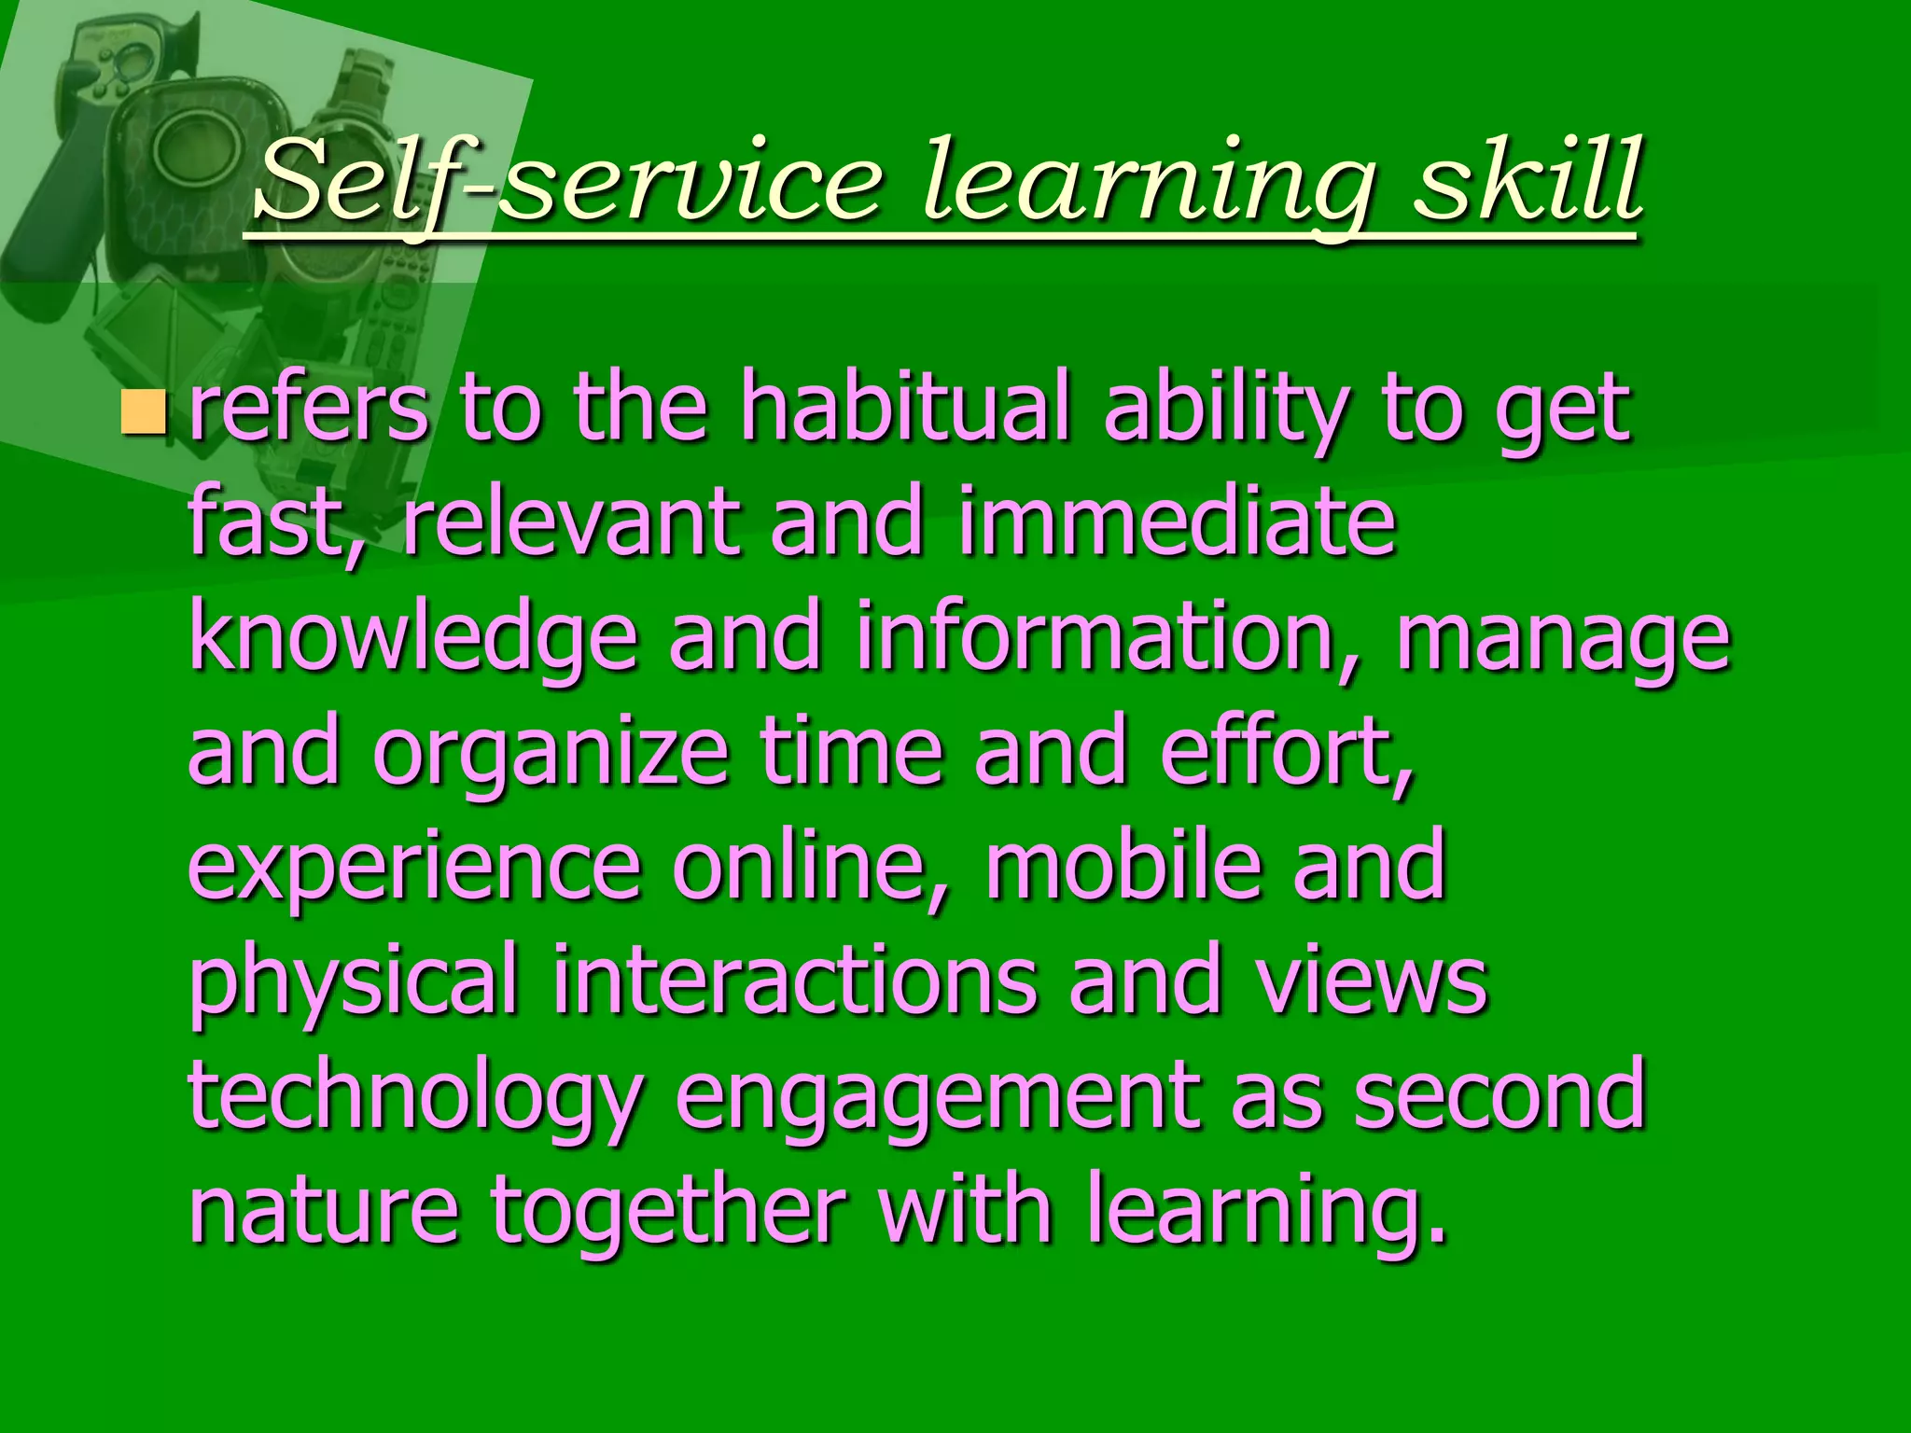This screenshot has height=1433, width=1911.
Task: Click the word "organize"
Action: [x=551, y=754]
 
